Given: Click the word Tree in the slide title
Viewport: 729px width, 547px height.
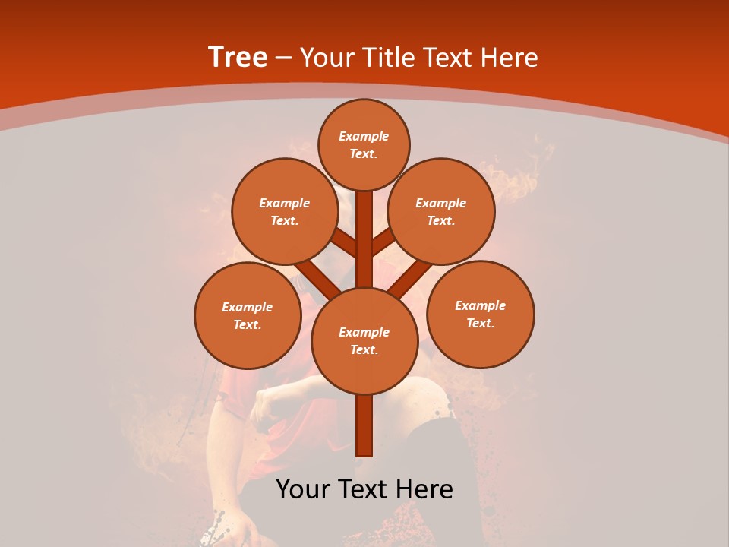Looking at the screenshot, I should pyautogui.click(x=238, y=58).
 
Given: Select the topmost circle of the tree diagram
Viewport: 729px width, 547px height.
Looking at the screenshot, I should pyautogui.click(x=364, y=144).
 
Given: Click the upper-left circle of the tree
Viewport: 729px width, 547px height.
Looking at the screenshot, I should pyautogui.click(x=285, y=212).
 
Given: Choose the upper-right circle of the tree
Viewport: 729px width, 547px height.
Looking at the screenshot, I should pyautogui.click(x=441, y=212).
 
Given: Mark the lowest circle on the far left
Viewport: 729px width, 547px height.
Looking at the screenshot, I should pyautogui.click(x=248, y=315).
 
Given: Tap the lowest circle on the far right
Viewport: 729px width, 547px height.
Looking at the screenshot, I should pyautogui.click(x=480, y=314).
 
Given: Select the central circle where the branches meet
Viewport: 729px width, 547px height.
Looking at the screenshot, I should pyautogui.click(x=364, y=341).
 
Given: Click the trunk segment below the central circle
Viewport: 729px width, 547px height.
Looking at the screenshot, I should pyautogui.click(x=364, y=425).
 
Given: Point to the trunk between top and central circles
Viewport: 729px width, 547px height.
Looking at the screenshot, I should pyautogui.click(x=364, y=239).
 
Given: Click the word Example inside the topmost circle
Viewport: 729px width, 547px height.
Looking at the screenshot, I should pyautogui.click(x=364, y=136).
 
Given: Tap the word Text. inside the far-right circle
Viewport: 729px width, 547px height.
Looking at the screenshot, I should pyautogui.click(x=480, y=323).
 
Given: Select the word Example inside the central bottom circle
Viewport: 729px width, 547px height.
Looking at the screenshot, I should pyautogui.click(x=364, y=332).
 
